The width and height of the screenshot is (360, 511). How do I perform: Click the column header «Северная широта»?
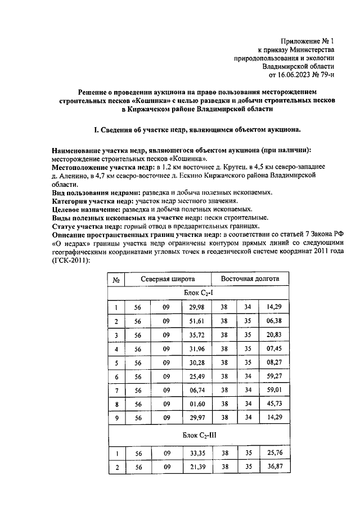[x=168, y=279]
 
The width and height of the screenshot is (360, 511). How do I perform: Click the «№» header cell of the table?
[x=115, y=280]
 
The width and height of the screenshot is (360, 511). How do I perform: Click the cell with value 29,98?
[x=196, y=307]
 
